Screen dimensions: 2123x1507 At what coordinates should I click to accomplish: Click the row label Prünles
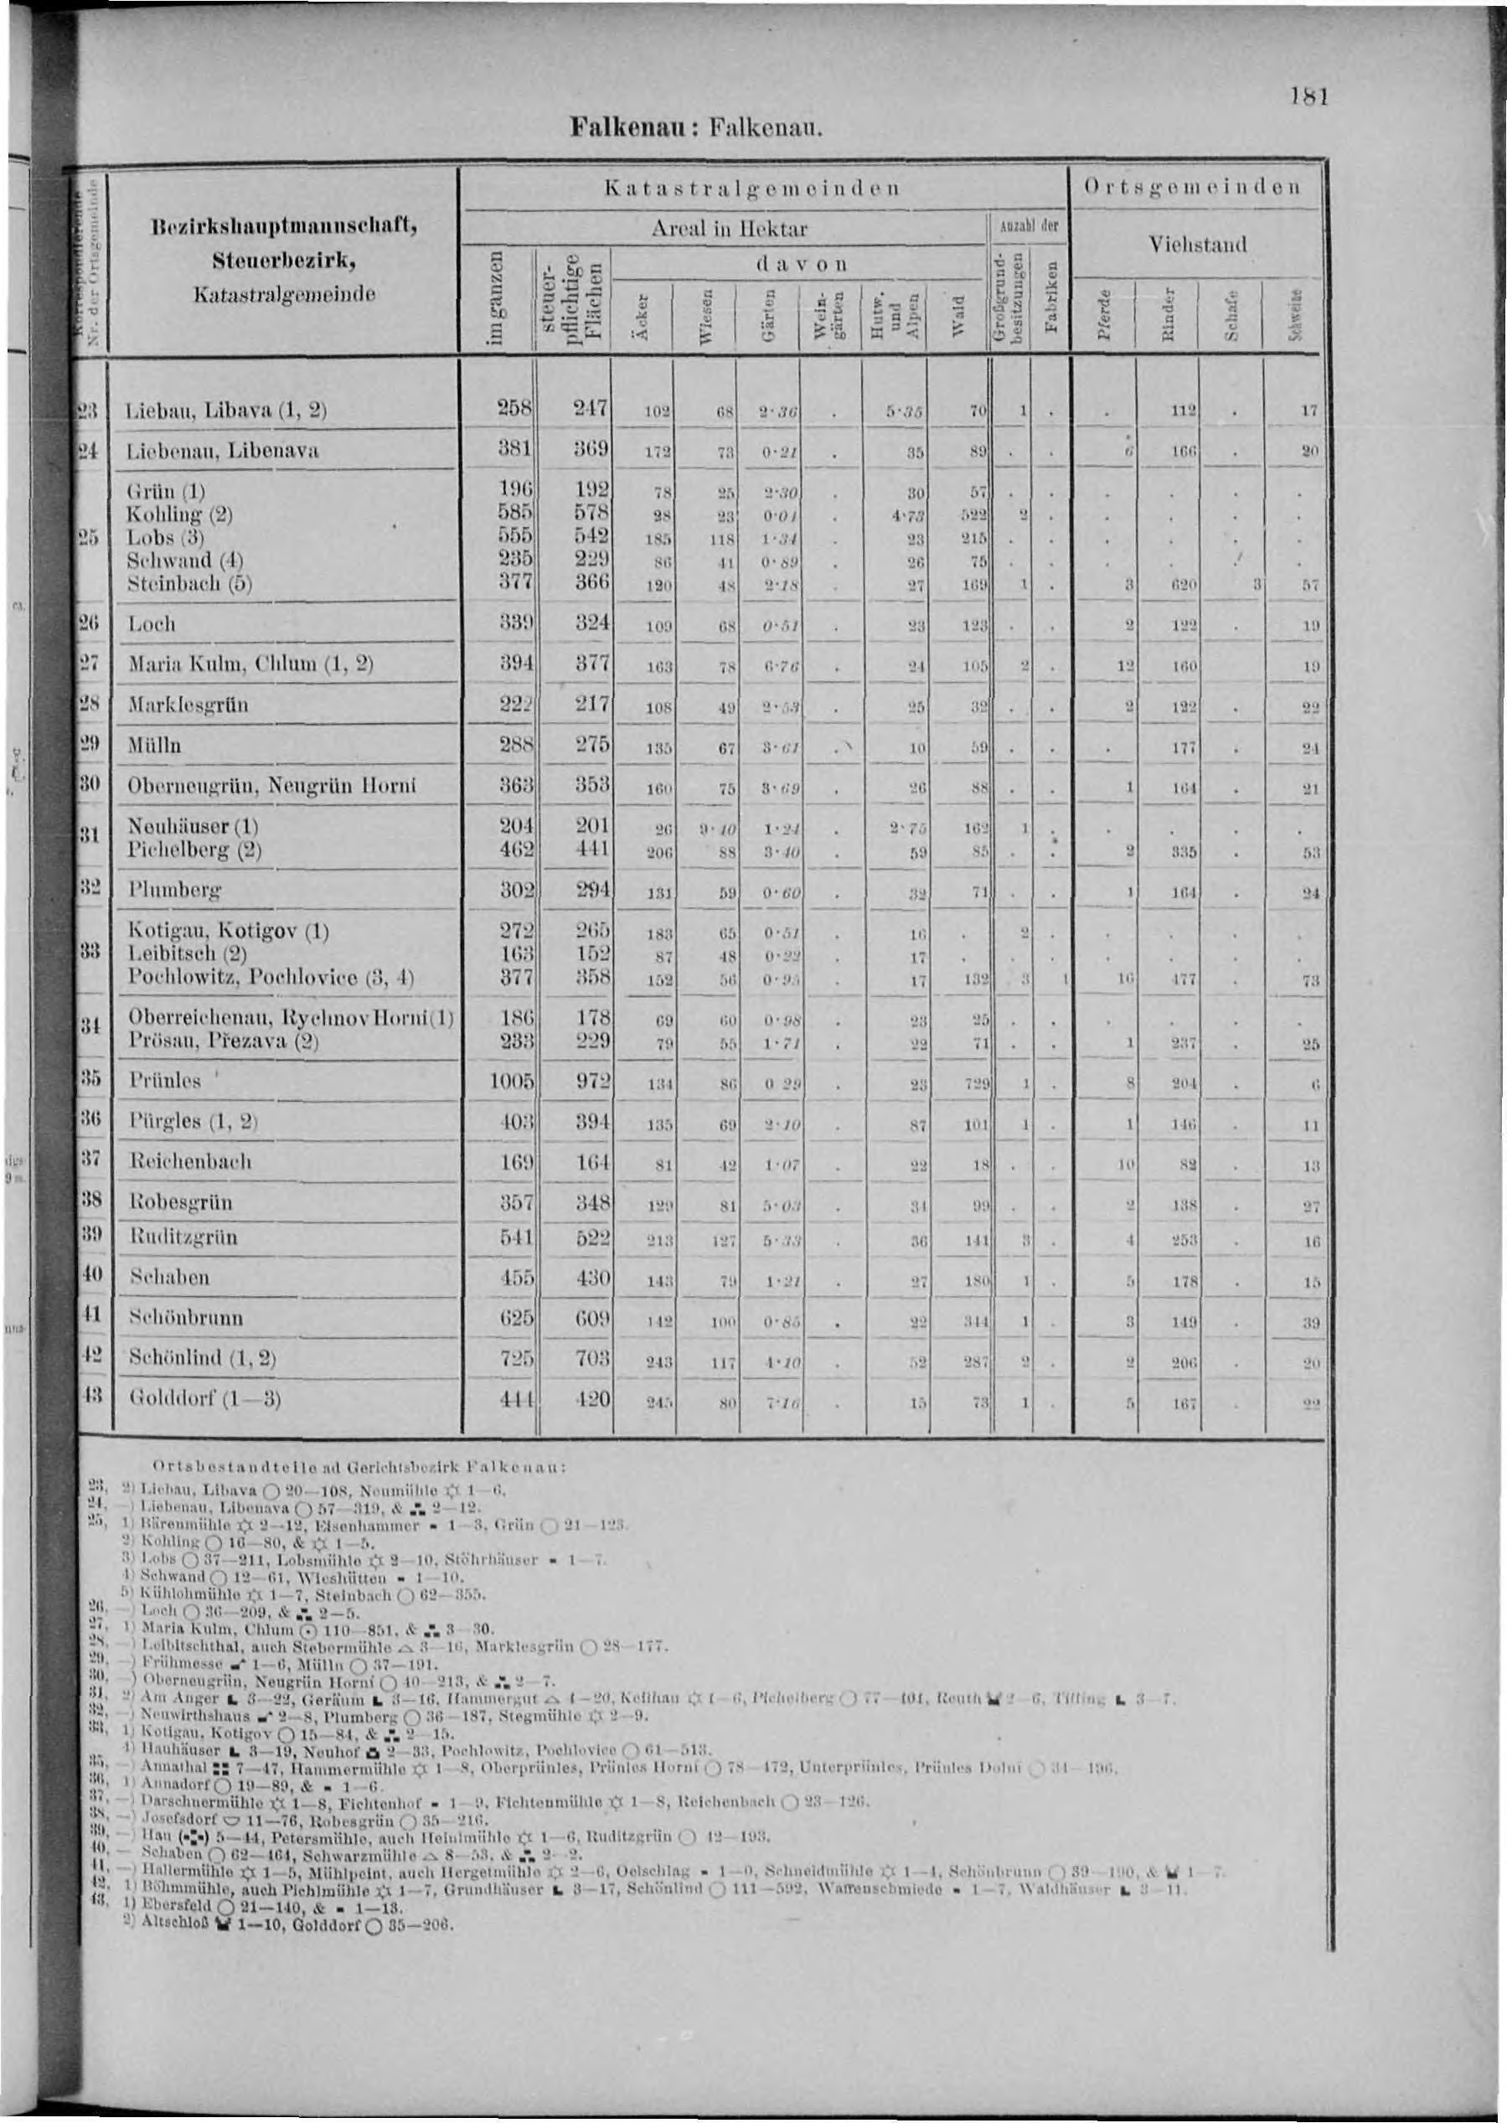click(165, 1081)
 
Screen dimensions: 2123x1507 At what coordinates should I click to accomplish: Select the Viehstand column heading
click(1195, 244)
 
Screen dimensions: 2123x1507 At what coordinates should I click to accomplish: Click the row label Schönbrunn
click(187, 1318)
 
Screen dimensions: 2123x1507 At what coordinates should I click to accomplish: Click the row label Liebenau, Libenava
click(226, 451)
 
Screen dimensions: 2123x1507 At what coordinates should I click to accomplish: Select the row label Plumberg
click(176, 891)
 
